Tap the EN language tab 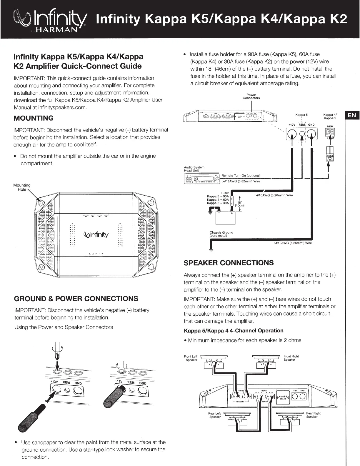(x=352, y=115)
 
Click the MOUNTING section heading (x=34, y=118)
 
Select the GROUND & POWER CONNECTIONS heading (x=76, y=299)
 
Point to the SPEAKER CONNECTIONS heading (x=229, y=263)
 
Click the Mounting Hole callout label (x=22, y=187)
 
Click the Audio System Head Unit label (x=194, y=169)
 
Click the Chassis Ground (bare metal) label (x=221, y=234)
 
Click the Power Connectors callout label (x=251, y=96)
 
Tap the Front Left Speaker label (x=191, y=358)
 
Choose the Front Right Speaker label (x=291, y=358)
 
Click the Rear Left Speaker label (x=214, y=415)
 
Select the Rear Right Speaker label (x=313, y=415)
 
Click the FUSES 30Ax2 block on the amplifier (x=283, y=397)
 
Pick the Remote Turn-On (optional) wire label (x=241, y=176)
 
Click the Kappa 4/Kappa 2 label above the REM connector (x=330, y=116)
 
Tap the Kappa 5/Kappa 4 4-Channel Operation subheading (x=234, y=331)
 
